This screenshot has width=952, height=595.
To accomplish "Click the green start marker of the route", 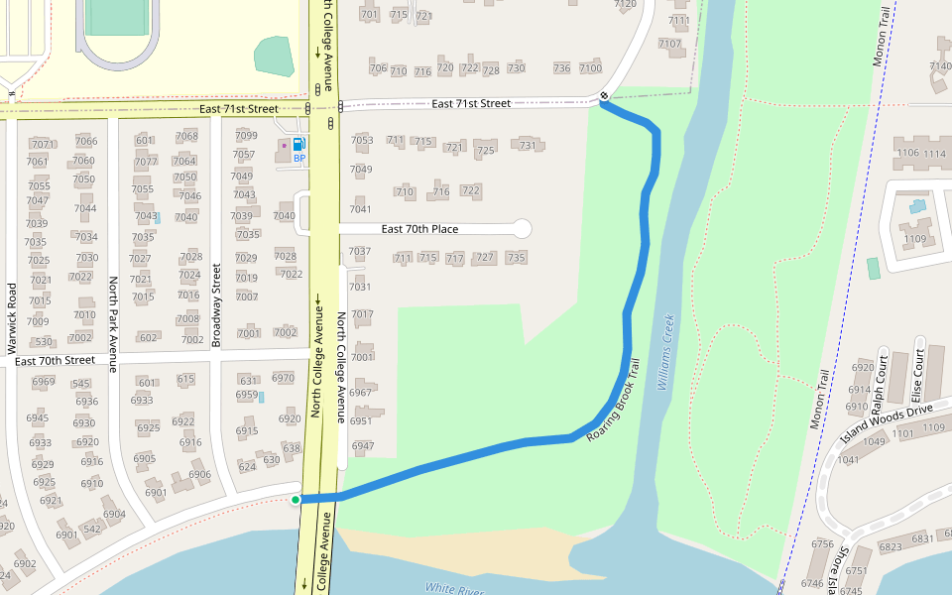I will [x=296, y=499].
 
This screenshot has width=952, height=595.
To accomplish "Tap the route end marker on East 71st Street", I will [x=604, y=96].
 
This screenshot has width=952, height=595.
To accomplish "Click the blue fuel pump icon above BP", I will [x=299, y=145].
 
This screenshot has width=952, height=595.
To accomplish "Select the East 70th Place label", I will [x=419, y=229].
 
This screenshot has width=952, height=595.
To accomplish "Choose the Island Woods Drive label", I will [x=887, y=422].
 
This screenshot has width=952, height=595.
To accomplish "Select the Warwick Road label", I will [x=12, y=318].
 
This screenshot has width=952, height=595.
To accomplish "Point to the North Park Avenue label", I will [x=113, y=324].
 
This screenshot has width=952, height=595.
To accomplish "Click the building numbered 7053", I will [x=362, y=140].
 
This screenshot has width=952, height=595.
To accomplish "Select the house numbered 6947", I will [x=362, y=446].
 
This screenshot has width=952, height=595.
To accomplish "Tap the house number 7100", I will [x=590, y=67].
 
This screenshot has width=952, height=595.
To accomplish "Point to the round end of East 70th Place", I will [x=522, y=229].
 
